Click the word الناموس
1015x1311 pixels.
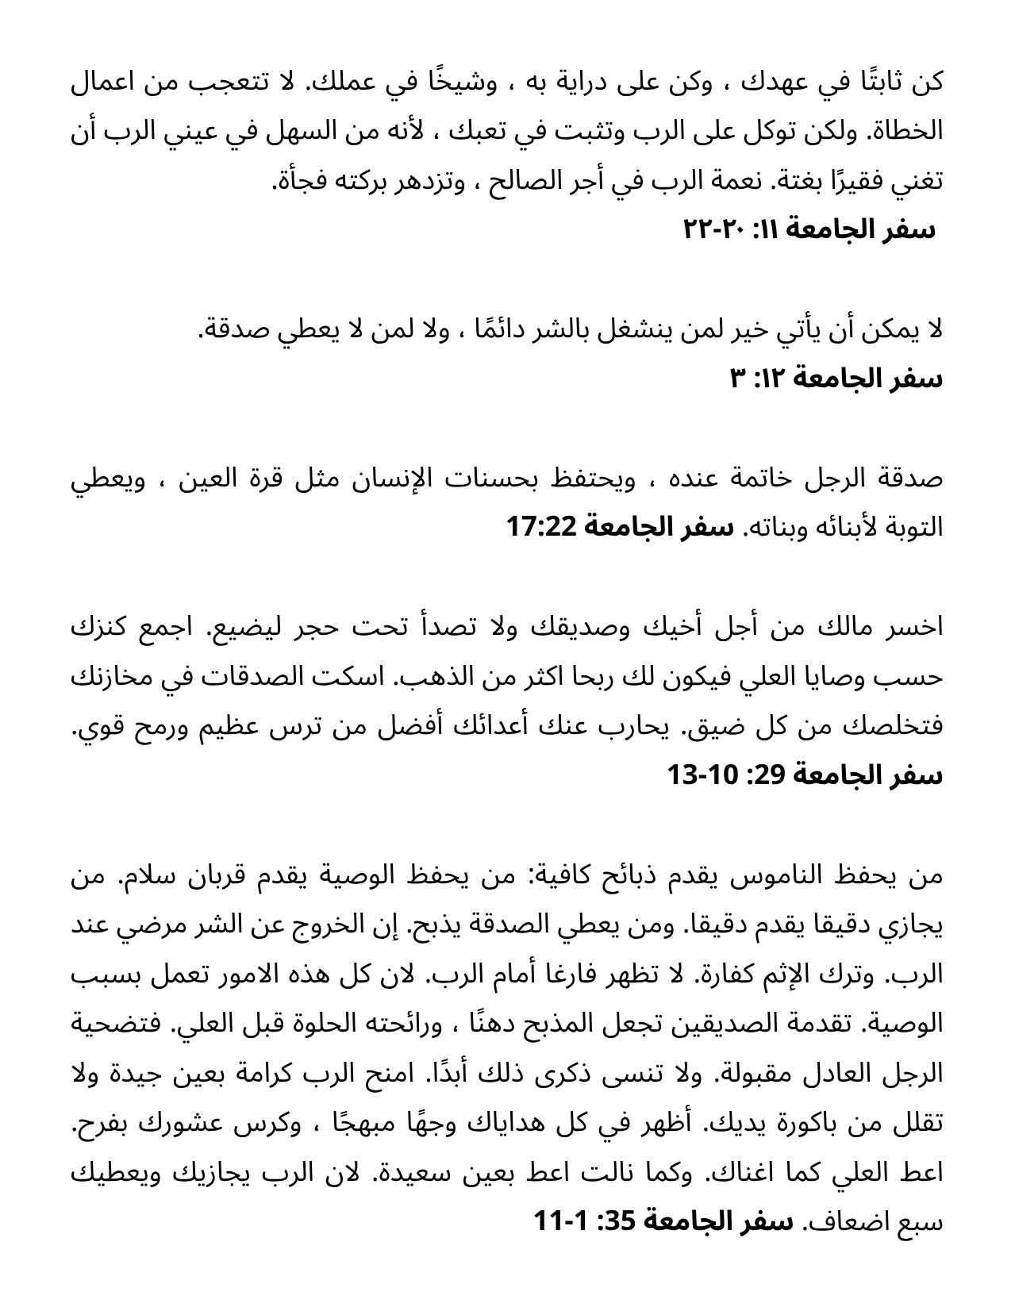tap(764, 875)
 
